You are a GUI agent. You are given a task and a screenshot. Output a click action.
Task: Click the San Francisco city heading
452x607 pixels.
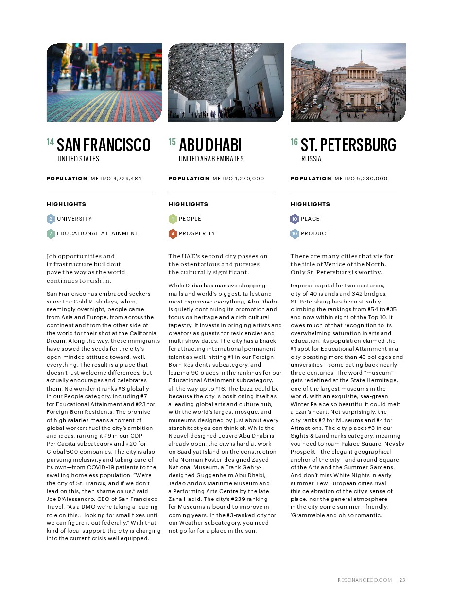click(x=104, y=145)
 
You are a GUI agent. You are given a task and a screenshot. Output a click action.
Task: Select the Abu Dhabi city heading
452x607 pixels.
click(x=210, y=145)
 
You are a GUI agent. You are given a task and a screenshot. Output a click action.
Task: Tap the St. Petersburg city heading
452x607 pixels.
click(x=348, y=145)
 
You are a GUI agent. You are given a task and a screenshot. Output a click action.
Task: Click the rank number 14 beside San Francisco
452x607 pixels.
click(x=50, y=142)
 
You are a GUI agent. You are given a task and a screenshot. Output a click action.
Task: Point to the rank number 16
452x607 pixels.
click(x=294, y=142)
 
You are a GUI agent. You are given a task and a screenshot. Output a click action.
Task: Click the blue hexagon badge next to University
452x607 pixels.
click(x=51, y=219)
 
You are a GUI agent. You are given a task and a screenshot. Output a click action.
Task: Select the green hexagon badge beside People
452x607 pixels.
click(x=173, y=219)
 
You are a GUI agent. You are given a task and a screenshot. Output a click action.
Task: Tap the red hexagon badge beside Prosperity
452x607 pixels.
click(x=173, y=233)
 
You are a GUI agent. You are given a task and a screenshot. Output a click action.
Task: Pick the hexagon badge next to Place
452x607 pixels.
click(x=295, y=219)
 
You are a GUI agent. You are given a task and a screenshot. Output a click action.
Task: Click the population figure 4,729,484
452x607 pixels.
click(x=127, y=179)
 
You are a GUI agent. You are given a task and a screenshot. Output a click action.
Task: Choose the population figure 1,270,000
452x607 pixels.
click(x=249, y=179)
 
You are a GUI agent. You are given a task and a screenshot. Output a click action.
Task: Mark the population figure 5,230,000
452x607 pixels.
click(x=372, y=179)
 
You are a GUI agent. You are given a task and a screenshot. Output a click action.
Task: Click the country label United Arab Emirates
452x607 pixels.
click(x=211, y=159)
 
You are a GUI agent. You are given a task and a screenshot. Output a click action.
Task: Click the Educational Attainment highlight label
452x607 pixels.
click(x=97, y=233)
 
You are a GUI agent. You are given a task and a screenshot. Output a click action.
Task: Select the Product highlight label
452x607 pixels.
click(x=315, y=233)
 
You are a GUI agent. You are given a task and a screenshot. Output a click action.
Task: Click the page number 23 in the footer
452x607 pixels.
click(x=402, y=580)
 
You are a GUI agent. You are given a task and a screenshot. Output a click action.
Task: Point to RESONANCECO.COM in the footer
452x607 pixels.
click(x=365, y=580)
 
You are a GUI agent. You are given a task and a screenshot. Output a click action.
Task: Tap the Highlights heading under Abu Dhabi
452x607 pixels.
click(x=188, y=204)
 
